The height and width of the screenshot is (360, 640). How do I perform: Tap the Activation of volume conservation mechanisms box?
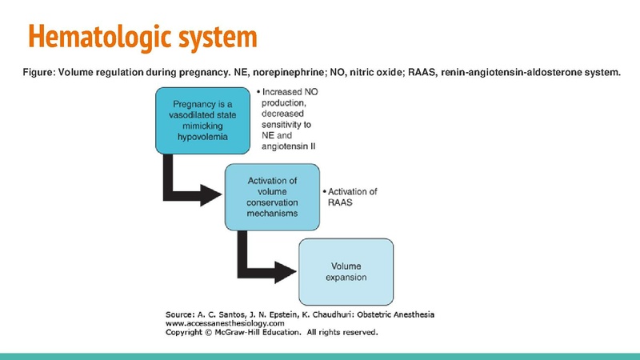tap(272, 196)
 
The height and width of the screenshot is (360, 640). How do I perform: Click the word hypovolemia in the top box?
tap(203, 138)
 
